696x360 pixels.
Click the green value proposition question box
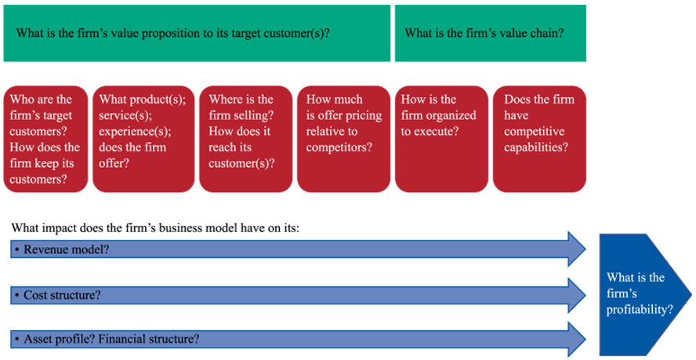196,34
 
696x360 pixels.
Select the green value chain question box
490,34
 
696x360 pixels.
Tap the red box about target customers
45,139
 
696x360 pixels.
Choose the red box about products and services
143,139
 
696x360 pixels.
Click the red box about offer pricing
343,139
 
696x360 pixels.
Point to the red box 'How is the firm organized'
440,139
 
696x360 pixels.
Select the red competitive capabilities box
539,139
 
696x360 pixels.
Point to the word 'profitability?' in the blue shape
640,310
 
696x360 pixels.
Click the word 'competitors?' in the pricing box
339,147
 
